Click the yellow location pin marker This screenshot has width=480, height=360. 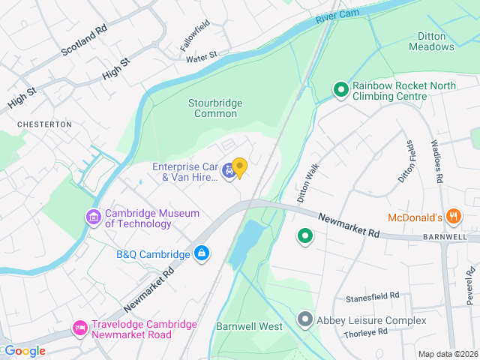(239, 168)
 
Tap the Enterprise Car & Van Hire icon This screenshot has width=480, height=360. (227, 172)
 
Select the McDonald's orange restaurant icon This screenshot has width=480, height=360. (452, 217)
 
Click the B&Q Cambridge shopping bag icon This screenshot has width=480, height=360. (201, 254)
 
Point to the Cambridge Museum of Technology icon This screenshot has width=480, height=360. (94, 218)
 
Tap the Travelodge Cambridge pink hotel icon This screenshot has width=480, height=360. (79, 328)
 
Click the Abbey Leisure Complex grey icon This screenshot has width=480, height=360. (304, 320)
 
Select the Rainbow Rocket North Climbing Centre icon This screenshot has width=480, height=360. (340, 91)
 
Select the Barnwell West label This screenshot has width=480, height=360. (249, 326)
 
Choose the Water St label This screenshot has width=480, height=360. (201, 56)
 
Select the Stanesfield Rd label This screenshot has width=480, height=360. (372, 297)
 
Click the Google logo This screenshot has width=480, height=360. (24, 351)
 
